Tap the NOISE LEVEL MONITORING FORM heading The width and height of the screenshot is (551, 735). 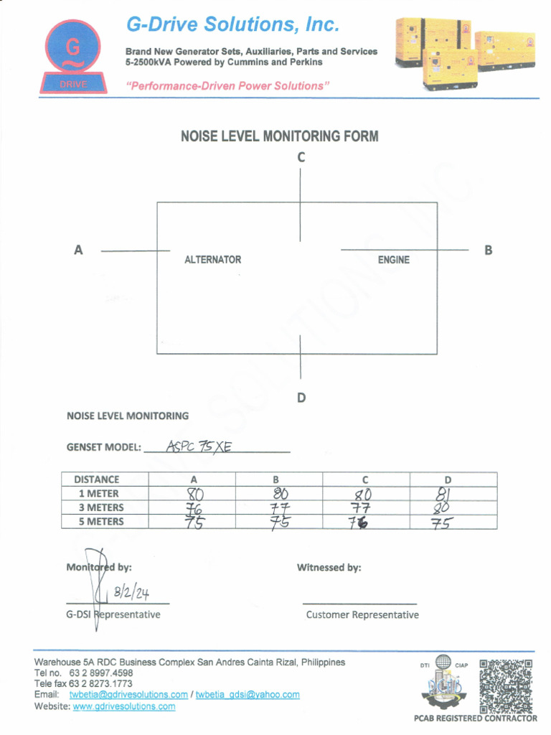279,136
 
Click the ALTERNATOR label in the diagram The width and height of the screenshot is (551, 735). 213,260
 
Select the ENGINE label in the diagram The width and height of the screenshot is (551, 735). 394,260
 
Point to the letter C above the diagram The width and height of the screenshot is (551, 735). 301,157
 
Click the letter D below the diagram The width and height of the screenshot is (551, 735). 301,398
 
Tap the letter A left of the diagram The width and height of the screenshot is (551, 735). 78,251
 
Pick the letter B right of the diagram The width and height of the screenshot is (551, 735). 488,251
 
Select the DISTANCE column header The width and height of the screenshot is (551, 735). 97,479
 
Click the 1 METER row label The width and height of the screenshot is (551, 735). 99,494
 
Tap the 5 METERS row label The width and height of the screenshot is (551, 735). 101,522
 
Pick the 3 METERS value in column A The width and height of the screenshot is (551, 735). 194,508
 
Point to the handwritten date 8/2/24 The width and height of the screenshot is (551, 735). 131,593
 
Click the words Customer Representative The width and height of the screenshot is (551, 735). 362,615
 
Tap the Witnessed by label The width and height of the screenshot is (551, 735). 329,568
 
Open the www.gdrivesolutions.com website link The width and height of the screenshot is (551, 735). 124,707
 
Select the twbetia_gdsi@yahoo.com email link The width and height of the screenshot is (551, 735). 248,695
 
